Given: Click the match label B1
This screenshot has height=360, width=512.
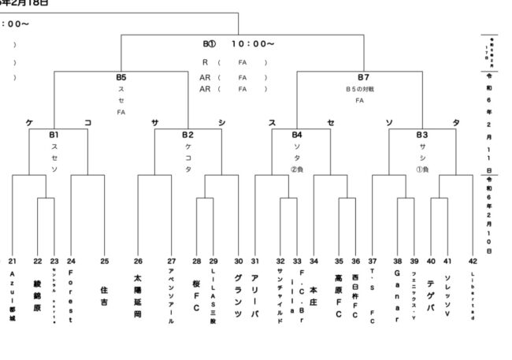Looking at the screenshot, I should [54, 135].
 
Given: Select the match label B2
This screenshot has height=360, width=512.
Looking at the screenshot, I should [187, 135].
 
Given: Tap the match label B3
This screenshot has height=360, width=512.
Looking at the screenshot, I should [422, 135].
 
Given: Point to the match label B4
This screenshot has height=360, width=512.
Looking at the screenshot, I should [297, 135].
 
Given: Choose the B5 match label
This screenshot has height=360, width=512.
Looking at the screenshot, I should [121, 77].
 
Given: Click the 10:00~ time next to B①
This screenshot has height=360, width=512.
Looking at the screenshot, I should [253, 44].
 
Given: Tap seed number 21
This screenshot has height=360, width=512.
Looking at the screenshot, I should [13, 261].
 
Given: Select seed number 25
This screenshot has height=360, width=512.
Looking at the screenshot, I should [104, 261].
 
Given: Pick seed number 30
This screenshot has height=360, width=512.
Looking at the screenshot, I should [238, 261].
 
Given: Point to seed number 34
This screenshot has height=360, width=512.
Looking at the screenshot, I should [314, 261].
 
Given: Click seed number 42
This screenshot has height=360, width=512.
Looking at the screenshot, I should [473, 261].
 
